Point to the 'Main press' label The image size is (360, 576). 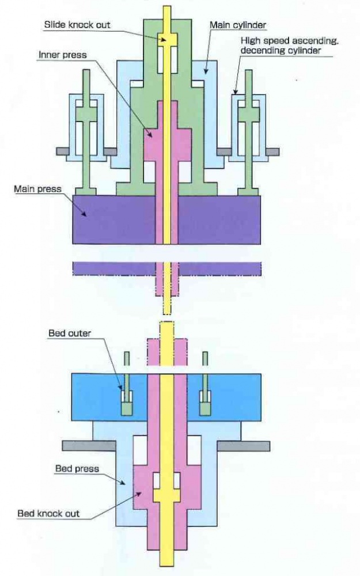click(37, 189)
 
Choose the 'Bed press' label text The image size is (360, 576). click(77, 468)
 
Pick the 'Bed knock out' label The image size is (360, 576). click(48, 513)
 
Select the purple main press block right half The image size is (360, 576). click(219, 219)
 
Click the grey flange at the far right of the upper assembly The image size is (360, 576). click(272, 151)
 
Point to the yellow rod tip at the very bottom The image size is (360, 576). click(167, 559)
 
